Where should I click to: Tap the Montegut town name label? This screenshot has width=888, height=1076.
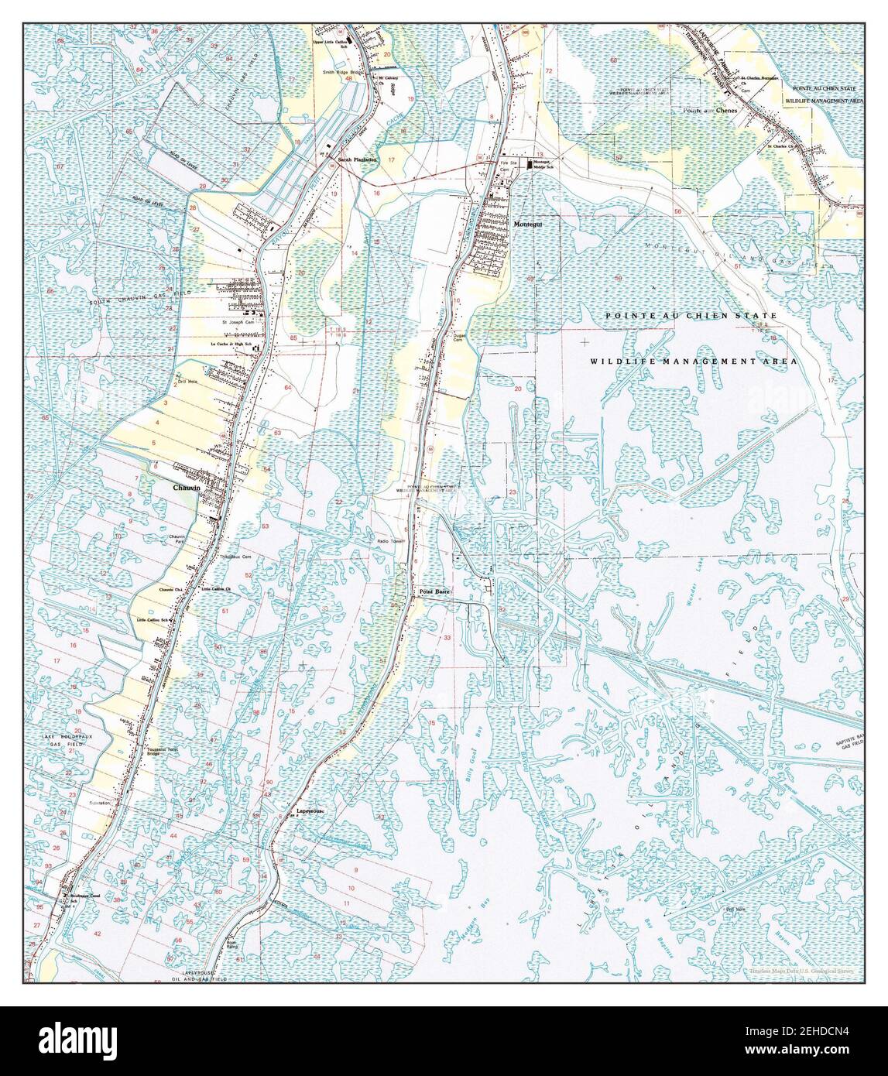pyautogui.click(x=529, y=224)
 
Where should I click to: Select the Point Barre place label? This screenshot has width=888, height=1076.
pyautogui.click(x=434, y=591)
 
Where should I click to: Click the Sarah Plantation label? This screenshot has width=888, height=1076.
pyautogui.click(x=357, y=159)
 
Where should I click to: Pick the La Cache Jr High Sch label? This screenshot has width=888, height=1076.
pyautogui.click(x=231, y=344)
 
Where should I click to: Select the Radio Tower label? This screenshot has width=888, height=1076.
pyautogui.click(x=392, y=541)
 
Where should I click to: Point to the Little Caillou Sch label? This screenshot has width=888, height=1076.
pyautogui.click(x=153, y=620)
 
